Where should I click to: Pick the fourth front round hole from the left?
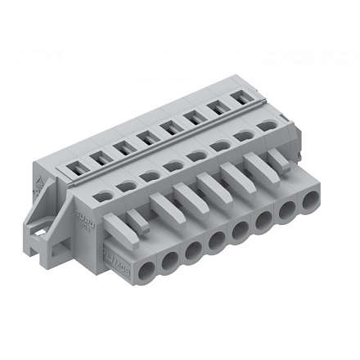[218, 242]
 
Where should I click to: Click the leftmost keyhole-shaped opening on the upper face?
[106, 195]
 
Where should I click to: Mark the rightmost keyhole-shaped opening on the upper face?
[268, 125]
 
